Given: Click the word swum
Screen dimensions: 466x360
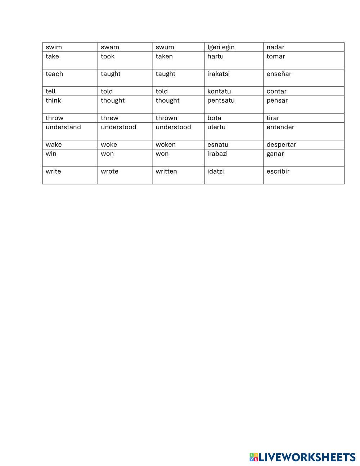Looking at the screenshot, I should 165,47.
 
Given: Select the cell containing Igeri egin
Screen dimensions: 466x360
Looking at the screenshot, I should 221,47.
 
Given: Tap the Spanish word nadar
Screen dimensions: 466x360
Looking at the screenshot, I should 275,47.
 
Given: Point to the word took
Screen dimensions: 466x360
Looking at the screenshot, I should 108,57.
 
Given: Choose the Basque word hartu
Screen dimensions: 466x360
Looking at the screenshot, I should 215,57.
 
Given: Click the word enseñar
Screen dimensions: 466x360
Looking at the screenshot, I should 279,74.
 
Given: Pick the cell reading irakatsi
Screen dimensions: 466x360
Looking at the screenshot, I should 219,74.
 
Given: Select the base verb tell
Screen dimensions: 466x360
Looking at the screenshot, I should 51,91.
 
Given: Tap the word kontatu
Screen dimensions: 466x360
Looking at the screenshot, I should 219,91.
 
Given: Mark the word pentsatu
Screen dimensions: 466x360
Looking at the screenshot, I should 221,100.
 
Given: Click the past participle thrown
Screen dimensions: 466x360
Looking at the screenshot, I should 166,118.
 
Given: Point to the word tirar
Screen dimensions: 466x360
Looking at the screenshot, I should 273,118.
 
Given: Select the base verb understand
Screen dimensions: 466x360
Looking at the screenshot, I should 63,127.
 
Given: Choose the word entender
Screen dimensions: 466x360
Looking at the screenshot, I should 280,127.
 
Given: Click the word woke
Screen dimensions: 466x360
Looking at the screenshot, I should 109,145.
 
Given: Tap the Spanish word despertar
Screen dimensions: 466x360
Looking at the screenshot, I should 281,145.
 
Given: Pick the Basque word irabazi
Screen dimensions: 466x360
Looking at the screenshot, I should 217,154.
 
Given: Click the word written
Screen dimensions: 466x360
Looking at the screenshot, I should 166,171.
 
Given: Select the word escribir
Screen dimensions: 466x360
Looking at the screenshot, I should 278,171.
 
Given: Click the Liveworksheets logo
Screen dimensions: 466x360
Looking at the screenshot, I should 302,457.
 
